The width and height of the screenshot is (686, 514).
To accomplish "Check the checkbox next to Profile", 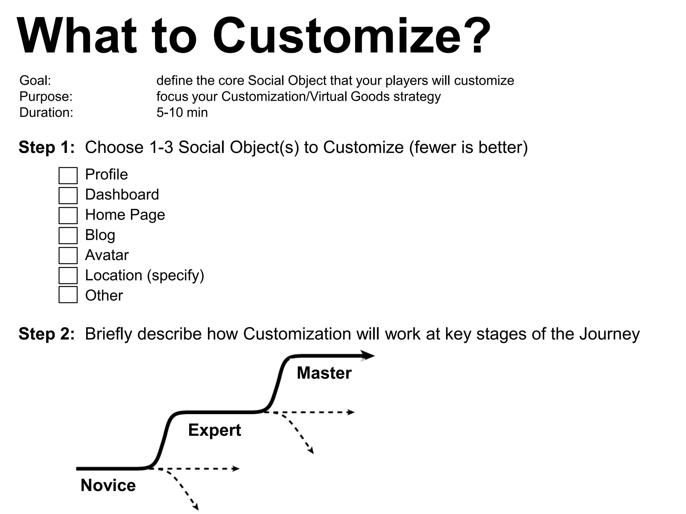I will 68,176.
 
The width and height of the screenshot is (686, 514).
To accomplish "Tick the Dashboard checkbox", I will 68,195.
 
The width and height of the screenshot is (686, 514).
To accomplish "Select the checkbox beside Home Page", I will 68,216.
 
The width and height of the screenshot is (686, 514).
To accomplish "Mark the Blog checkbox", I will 68,236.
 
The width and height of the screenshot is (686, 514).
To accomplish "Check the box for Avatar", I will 68,256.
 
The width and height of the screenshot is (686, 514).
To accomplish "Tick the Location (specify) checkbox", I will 68,275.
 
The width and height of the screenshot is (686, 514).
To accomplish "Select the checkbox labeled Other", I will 68,295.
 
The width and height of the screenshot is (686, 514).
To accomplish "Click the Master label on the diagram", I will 324,373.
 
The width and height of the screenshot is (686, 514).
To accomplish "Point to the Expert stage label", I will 214,430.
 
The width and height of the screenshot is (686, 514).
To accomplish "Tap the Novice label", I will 108,485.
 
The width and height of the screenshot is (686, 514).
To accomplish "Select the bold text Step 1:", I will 47,147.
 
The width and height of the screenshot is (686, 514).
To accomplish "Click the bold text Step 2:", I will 47,334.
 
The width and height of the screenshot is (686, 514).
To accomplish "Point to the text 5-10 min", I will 182,112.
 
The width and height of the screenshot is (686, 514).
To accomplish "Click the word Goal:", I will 35,81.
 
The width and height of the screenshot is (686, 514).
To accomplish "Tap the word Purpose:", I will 46,97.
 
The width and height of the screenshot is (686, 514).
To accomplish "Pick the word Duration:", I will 46,112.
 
